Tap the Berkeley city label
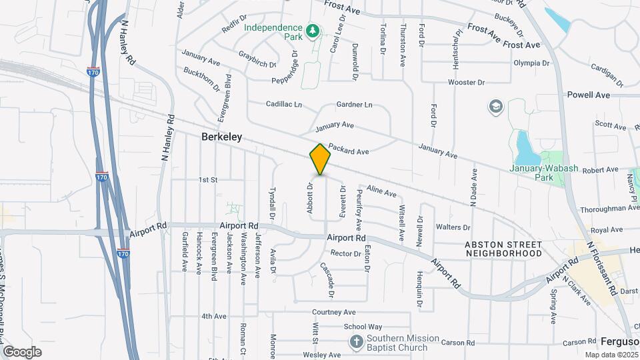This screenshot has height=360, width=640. [x=221, y=137]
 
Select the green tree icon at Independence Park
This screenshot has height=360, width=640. [x=311, y=31]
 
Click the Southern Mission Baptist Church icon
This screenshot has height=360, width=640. [x=357, y=342]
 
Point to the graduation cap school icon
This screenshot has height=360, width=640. [x=495, y=107]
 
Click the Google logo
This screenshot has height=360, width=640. [x=22, y=351]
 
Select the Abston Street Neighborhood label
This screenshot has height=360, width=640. [x=503, y=249]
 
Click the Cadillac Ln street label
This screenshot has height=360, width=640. [x=284, y=105]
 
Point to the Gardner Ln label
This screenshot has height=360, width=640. [x=354, y=105]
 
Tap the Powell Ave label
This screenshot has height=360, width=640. [x=589, y=95]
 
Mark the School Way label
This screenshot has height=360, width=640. [x=363, y=327]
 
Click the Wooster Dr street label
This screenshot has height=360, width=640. [x=465, y=83]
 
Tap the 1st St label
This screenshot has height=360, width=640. [x=209, y=180]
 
